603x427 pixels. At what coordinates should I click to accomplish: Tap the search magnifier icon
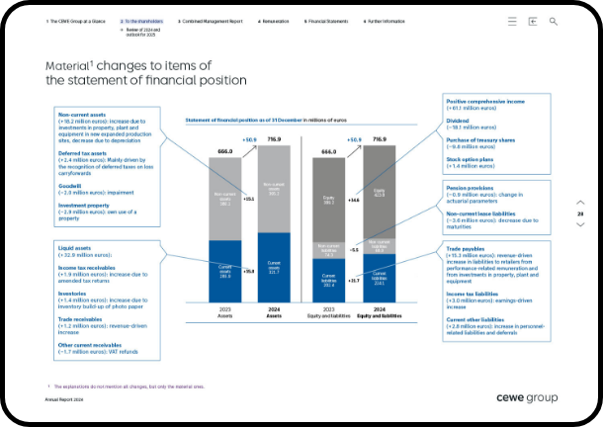click(x=554, y=20)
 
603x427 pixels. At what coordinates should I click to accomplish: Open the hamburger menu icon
click(x=511, y=20)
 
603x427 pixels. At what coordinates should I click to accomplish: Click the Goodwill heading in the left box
click(x=70, y=184)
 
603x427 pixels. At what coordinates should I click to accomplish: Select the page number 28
click(x=580, y=213)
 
